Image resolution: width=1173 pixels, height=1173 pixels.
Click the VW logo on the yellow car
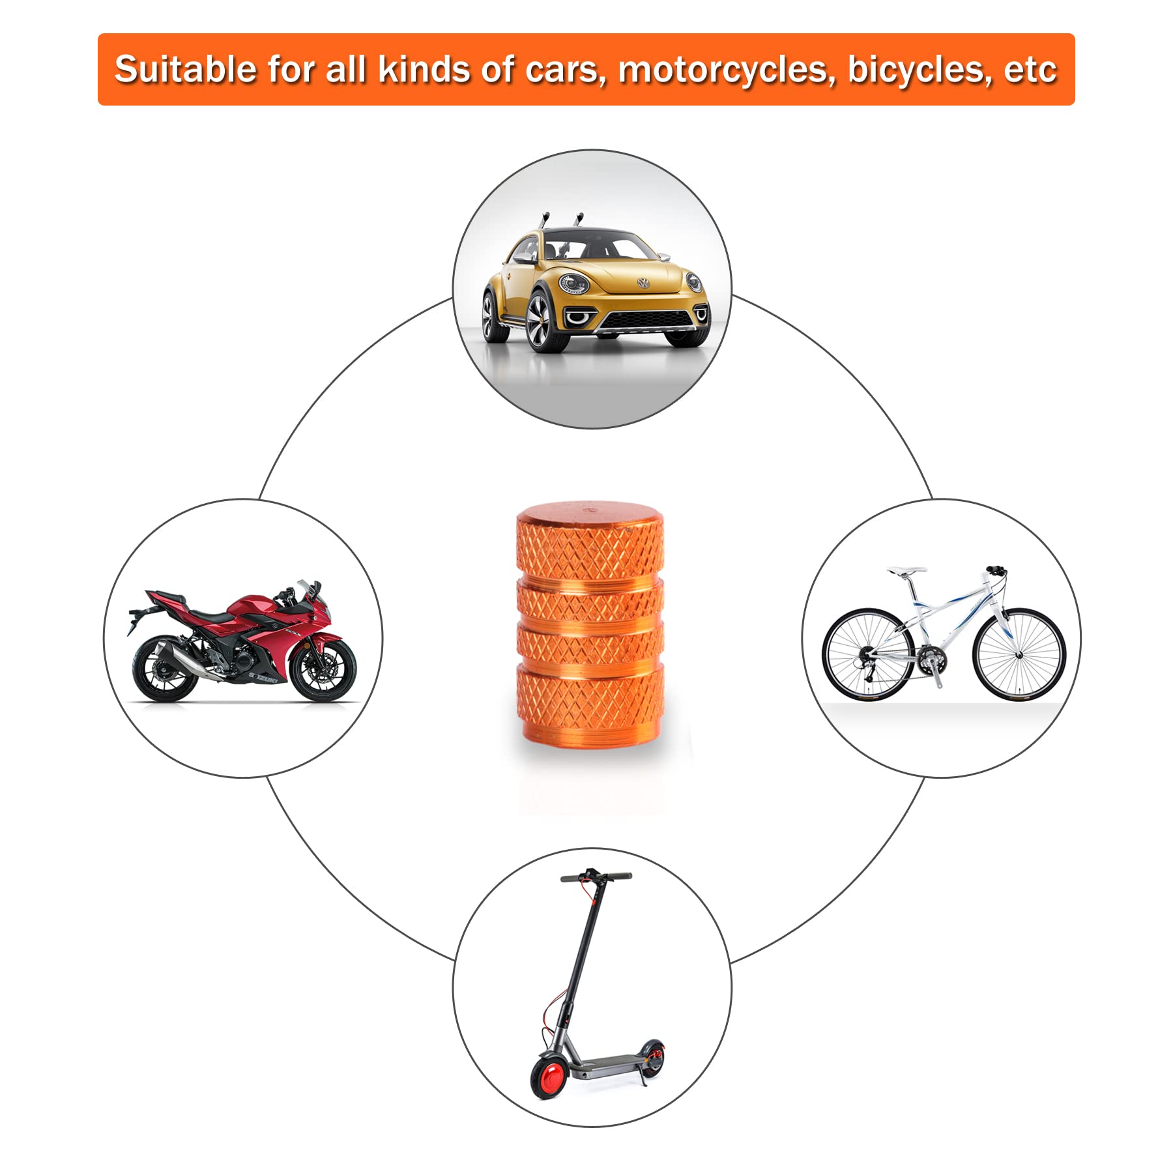(x=644, y=283)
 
